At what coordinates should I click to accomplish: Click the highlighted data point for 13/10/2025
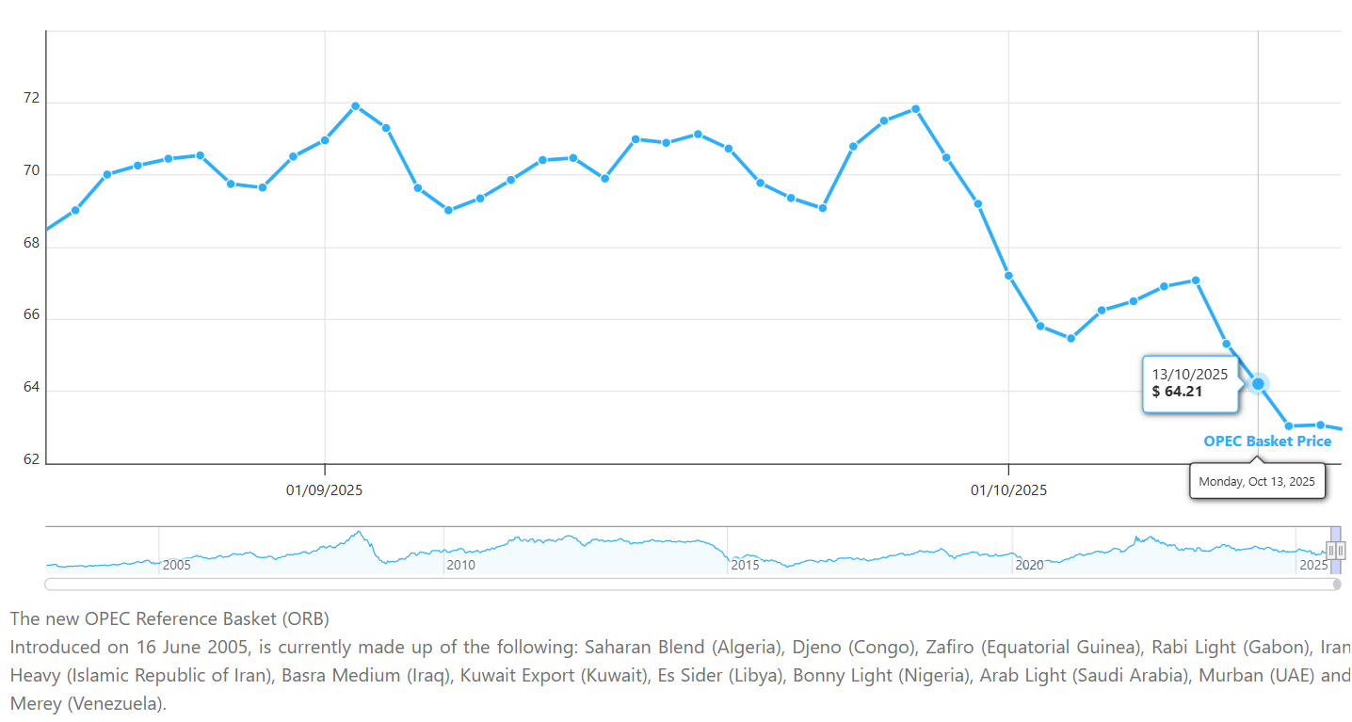click(x=1258, y=383)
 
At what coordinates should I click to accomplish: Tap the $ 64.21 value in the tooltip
click(x=1177, y=392)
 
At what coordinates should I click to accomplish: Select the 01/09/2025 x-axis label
click(x=325, y=490)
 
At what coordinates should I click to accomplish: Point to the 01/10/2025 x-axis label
click(x=1008, y=490)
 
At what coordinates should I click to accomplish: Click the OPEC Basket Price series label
click(x=1267, y=441)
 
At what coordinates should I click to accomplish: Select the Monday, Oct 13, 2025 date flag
click(x=1257, y=481)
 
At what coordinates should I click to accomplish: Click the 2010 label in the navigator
click(x=460, y=565)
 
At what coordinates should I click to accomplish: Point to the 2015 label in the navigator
click(x=746, y=565)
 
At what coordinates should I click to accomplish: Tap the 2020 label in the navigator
click(x=1029, y=565)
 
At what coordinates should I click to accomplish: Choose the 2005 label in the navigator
click(x=177, y=565)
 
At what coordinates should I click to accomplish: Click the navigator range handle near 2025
click(x=1336, y=551)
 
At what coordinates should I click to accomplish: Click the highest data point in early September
click(x=355, y=106)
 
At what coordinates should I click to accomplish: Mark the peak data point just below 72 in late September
click(x=915, y=109)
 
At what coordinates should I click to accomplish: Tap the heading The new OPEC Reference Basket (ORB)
click(x=170, y=618)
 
